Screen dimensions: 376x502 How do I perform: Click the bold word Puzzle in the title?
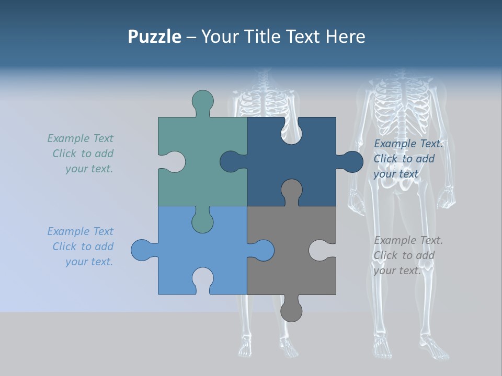pyautogui.click(x=154, y=37)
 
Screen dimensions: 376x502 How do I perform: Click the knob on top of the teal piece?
pyautogui.click(x=202, y=101)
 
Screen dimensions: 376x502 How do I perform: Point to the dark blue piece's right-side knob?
pyautogui.click(x=351, y=162)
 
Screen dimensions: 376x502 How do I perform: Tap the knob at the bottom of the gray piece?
pyautogui.click(x=291, y=310)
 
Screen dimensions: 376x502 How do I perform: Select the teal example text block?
pyautogui.click(x=81, y=154)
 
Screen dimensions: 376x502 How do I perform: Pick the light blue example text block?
pyautogui.click(x=81, y=246)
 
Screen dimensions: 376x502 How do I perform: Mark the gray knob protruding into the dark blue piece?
pyautogui.click(x=291, y=190)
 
